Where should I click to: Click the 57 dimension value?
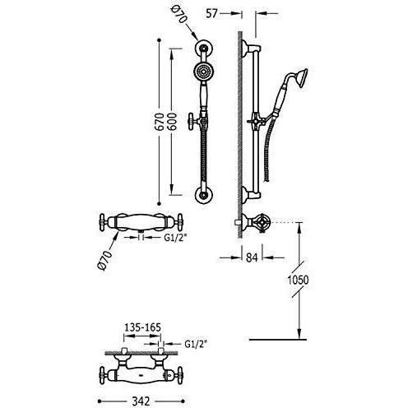point(211,13)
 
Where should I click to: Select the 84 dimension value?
point(252,257)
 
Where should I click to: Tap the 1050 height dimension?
point(298,280)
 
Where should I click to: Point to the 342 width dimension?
point(141,401)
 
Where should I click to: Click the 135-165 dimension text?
point(142,327)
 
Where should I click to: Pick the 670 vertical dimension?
point(160,122)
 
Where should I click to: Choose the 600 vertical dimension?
point(172,122)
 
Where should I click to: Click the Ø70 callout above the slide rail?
point(178,15)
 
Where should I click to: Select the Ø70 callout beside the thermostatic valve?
point(105,260)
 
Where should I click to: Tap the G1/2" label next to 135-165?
point(196,344)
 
